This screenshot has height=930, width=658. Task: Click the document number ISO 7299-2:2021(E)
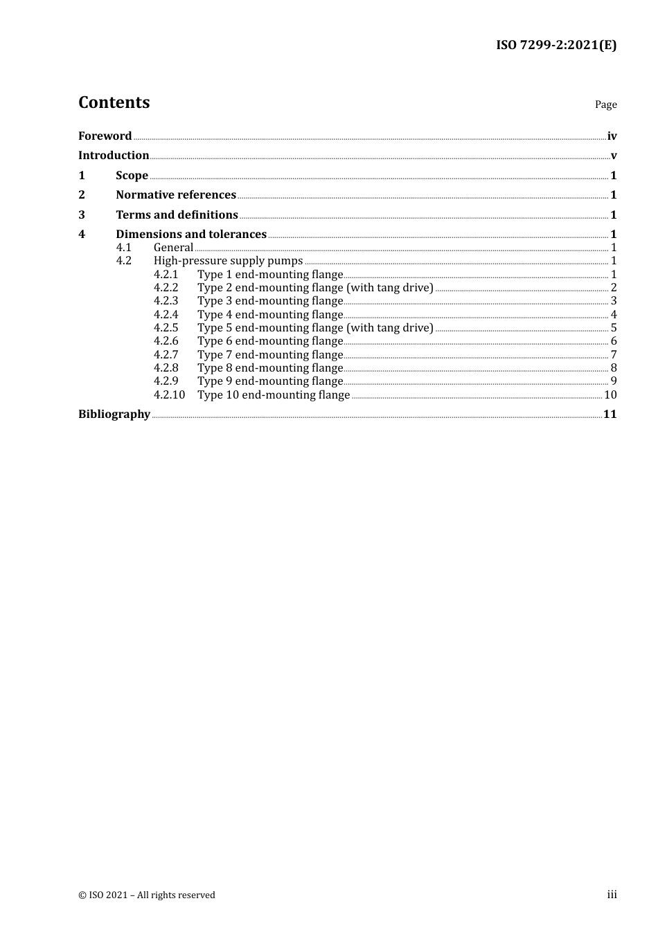click(x=556, y=46)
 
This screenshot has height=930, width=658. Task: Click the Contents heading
click(x=114, y=102)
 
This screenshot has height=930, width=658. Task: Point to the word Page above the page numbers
click(x=605, y=104)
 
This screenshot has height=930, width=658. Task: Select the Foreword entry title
click(x=105, y=136)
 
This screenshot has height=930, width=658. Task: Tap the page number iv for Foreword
click(x=612, y=136)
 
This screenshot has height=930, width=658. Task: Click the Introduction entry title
click(x=114, y=156)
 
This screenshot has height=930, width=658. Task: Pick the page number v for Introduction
click(x=614, y=156)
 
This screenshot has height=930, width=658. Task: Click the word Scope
click(x=132, y=176)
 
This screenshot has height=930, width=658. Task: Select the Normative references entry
click(x=176, y=195)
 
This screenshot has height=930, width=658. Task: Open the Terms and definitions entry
click(x=177, y=215)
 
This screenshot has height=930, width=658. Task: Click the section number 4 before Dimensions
click(x=82, y=235)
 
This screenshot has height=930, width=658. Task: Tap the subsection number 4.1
click(x=123, y=248)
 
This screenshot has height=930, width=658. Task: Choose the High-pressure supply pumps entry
click(x=228, y=261)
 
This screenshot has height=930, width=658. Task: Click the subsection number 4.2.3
click(x=166, y=301)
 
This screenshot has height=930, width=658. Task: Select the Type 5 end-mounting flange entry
click(x=315, y=328)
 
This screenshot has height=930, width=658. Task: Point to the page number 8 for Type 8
click(x=614, y=368)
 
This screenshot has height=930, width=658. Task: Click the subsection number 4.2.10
click(x=169, y=395)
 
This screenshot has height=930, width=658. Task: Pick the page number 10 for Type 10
click(x=610, y=395)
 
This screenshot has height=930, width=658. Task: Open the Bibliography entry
click(x=114, y=414)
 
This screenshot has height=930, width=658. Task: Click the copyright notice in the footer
click(x=147, y=895)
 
